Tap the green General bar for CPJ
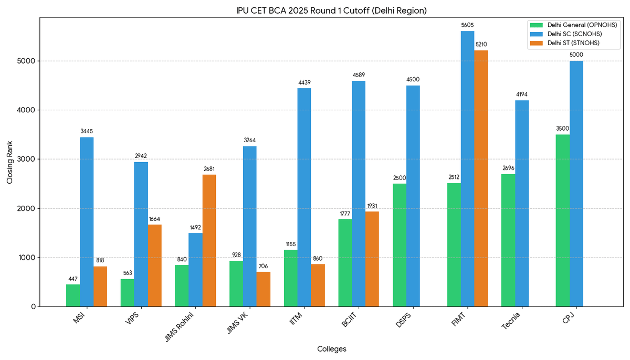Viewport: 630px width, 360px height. click(562, 220)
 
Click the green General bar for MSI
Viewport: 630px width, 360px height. click(73, 295)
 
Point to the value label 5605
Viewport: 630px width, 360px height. click(467, 25)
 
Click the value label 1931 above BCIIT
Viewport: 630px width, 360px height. click(372, 206)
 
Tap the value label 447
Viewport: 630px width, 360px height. click(73, 279)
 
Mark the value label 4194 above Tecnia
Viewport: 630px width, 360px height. click(522, 94)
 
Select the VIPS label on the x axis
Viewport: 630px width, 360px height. click(134, 319)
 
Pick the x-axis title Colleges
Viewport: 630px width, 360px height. click(332, 349)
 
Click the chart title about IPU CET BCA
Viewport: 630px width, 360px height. click(332, 10)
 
